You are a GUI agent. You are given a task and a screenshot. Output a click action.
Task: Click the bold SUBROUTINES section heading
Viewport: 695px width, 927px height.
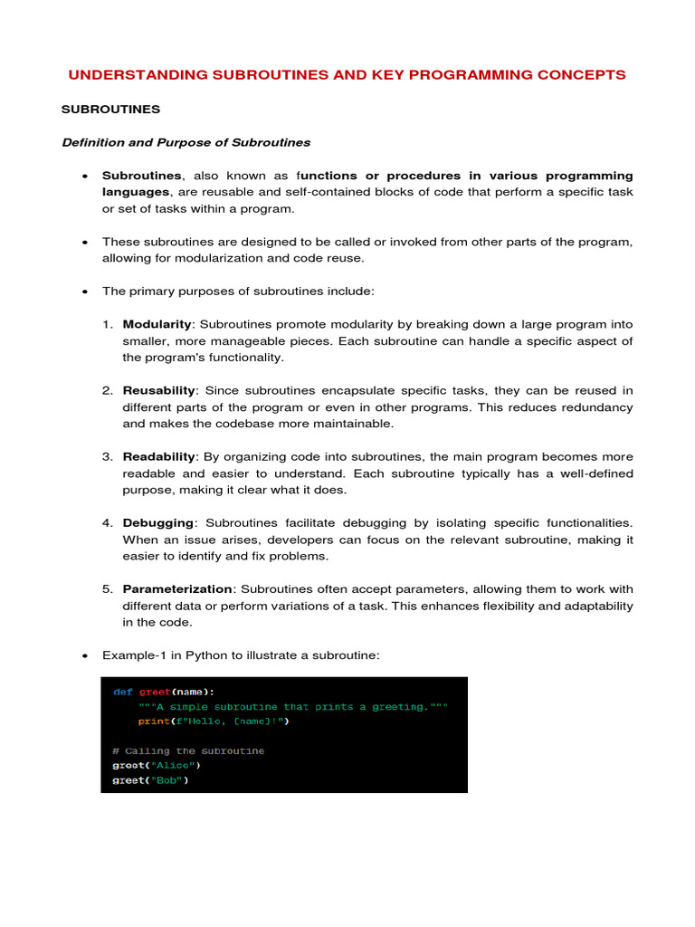(x=110, y=110)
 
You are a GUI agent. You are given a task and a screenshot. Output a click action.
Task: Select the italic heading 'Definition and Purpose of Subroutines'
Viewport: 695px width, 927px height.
(x=186, y=142)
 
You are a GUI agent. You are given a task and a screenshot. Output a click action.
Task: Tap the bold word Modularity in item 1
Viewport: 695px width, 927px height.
(x=157, y=324)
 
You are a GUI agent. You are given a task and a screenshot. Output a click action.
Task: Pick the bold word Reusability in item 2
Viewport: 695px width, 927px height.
(x=159, y=390)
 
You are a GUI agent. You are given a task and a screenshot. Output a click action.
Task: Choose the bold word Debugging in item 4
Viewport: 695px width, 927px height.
(x=158, y=523)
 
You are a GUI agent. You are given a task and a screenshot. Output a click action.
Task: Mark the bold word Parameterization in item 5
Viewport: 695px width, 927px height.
(x=177, y=589)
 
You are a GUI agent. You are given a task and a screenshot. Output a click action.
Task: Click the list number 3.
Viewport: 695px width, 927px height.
(x=107, y=456)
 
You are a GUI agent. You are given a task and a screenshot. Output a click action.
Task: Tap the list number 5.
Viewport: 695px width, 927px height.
(x=107, y=589)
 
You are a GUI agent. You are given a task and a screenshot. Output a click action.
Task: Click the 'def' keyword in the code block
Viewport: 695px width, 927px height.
(x=122, y=692)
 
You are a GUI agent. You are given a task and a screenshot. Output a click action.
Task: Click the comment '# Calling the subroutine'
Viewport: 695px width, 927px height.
(x=188, y=750)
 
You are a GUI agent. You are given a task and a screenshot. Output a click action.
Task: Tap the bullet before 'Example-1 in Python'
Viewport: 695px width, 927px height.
(x=84, y=655)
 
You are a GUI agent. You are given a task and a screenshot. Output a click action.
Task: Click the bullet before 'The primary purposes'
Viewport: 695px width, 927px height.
(x=84, y=291)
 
